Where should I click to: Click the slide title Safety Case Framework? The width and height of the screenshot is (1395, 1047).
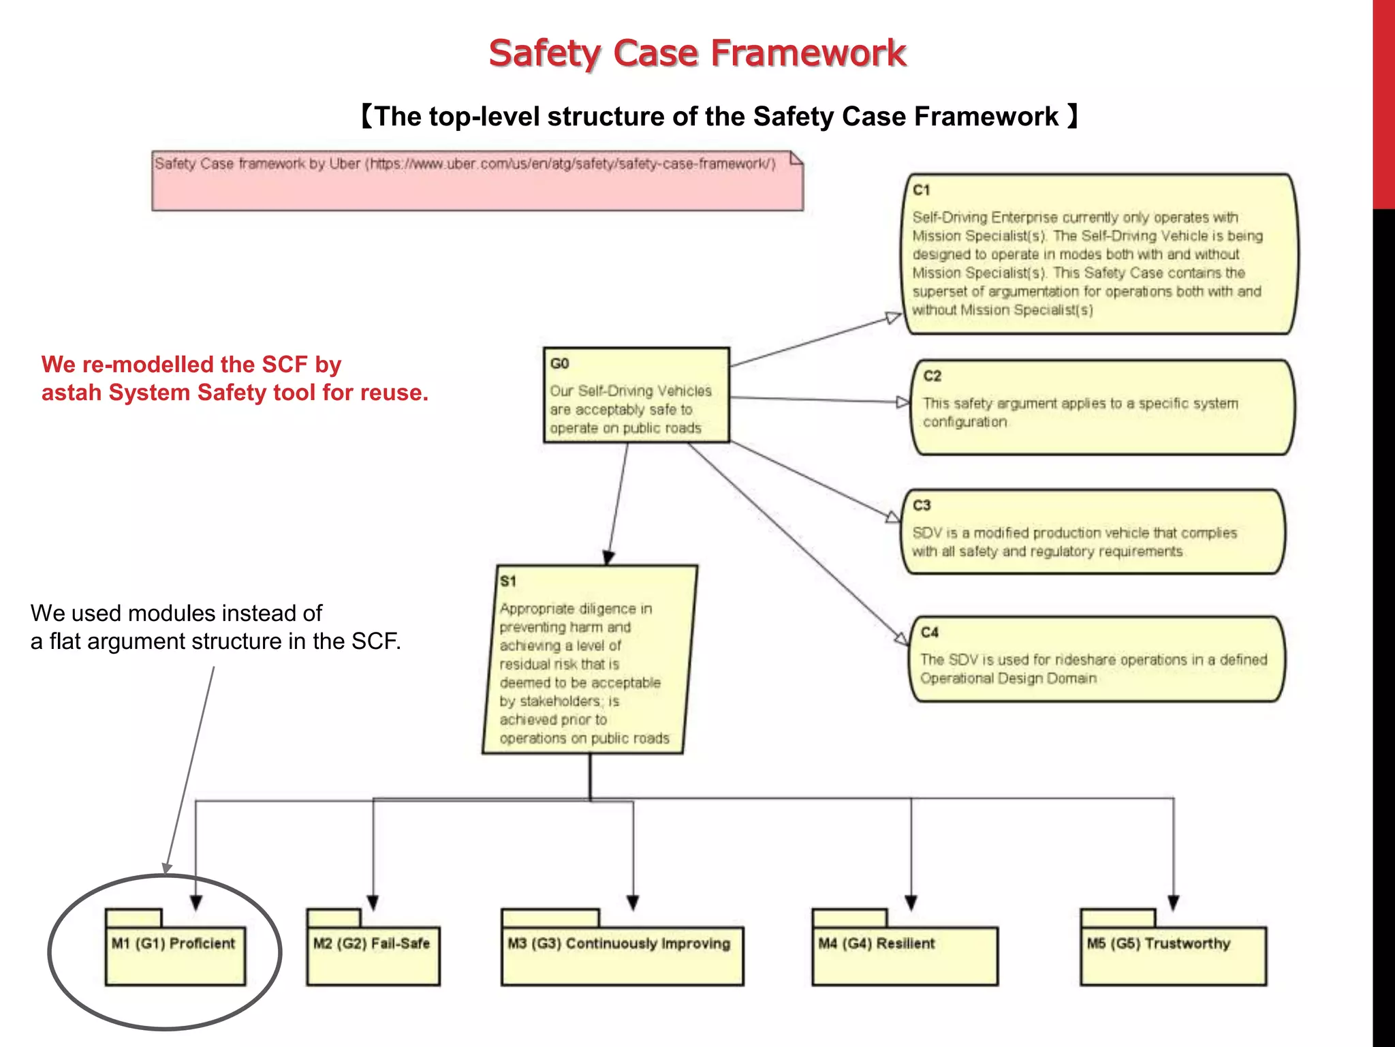[697, 53]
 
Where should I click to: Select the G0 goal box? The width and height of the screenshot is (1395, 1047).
[636, 395]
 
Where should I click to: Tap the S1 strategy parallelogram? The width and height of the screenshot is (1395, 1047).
[589, 660]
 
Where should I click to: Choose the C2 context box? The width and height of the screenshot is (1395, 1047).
[1101, 408]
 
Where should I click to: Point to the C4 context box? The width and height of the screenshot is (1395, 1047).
[1097, 659]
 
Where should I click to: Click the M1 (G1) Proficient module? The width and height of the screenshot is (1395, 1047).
[175, 954]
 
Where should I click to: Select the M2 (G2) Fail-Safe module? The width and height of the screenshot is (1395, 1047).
[373, 954]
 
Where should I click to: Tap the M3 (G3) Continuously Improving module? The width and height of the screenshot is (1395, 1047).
[621, 954]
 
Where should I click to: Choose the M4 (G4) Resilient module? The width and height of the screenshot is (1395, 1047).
[905, 954]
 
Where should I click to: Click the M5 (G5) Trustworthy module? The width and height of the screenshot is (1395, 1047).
[1173, 954]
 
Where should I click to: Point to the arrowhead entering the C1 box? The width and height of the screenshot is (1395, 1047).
[894, 318]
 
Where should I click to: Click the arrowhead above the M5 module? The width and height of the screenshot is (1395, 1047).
[1173, 902]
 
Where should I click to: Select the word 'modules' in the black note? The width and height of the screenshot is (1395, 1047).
[170, 613]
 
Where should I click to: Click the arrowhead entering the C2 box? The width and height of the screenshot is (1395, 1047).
[903, 402]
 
